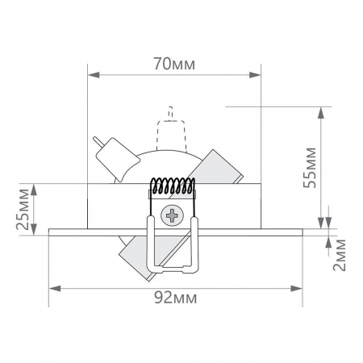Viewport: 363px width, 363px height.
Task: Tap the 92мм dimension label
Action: [175, 298]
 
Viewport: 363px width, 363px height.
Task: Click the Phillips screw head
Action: [173, 215]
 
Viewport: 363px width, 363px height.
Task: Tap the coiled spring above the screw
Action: [173, 186]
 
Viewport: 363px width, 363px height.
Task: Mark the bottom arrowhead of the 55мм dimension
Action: [323, 223]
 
